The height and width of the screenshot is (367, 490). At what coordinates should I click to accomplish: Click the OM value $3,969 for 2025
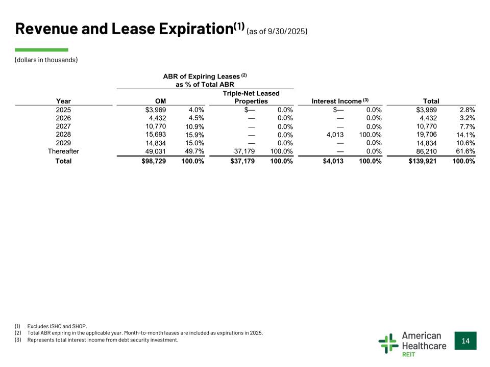(x=156, y=110)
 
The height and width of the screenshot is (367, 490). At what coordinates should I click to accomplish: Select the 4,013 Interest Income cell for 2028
(x=335, y=135)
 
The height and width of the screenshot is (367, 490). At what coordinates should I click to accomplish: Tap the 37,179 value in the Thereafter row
(x=244, y=151)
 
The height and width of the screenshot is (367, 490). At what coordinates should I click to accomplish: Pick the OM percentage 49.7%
(x=194, y=151)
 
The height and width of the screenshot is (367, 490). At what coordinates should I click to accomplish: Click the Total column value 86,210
(x=427, y=151)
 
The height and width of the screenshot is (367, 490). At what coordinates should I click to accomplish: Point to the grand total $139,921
(x=423, y=161)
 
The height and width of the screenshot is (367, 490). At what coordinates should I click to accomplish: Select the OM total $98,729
(x=154, y=161)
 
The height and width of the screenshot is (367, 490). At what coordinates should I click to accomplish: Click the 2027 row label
(x=63, y=126)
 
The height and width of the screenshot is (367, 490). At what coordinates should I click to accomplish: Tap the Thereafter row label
(x=63, y=151)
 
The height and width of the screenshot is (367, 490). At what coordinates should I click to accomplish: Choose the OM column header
(x=161, y=101)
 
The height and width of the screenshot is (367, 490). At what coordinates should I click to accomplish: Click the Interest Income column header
(x=340, y=101)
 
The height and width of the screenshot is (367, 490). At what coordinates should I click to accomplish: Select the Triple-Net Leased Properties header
(x=251, y=97)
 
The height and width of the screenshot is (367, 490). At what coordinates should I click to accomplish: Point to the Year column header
(x=63, y=101)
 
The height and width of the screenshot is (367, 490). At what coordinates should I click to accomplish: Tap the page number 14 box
(x=465, y=341)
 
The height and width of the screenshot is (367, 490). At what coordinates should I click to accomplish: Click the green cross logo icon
(x=388, y=343)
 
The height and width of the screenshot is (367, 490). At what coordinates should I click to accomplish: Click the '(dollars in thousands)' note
(x=46, y=60)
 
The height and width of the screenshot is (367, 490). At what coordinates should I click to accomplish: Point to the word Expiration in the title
(x=196, y=29)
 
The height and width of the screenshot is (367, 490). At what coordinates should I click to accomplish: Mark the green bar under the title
(x=41, y=50)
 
